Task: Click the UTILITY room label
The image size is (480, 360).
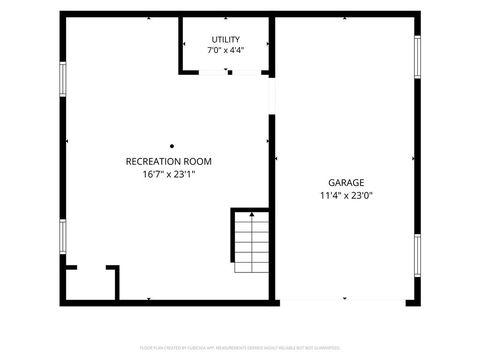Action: tap(225, 39)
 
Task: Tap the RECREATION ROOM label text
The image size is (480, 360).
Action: tap(169, 161)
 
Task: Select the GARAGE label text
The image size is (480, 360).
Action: tap(346, 183)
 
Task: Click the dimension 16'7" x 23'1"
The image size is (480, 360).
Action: tap(169, 174)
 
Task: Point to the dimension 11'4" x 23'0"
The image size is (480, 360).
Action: tap(346, 195)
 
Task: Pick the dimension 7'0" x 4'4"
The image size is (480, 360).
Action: tap(225, 50)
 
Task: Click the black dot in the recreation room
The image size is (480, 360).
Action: tap(172, 146)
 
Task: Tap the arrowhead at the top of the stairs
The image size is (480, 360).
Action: tap(252, 214)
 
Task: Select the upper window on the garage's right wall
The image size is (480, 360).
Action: tap(418, 57)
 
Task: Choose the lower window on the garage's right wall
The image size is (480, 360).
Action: tap(418, 255)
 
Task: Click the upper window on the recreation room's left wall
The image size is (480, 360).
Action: tap(63, 79)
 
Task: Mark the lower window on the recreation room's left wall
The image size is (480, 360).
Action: tap(63, 237)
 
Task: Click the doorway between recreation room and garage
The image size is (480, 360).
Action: tap(272, 96)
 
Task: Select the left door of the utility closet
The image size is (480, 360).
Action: tap(213, 73)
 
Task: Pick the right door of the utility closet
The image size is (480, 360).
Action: tap(247, 73)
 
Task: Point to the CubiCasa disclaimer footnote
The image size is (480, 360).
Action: tap(240, 348)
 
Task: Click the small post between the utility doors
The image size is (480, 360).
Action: tap(230, 73)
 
